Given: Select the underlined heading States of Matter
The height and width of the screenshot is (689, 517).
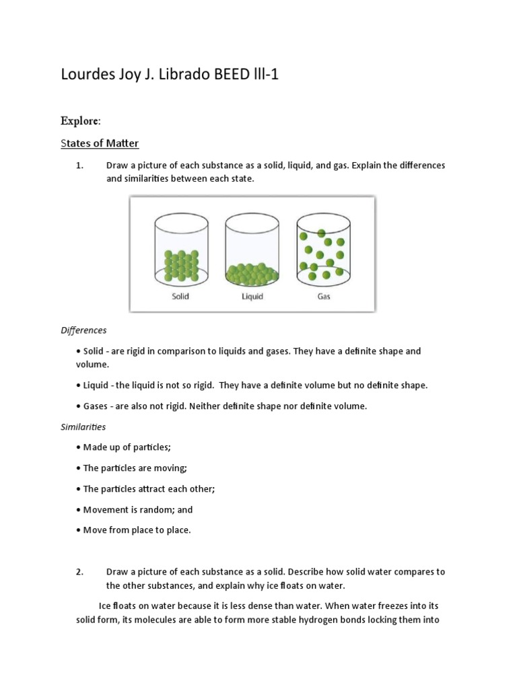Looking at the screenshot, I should [x=100, y=143].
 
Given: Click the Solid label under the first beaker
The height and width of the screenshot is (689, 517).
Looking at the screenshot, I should [x=180, y=295].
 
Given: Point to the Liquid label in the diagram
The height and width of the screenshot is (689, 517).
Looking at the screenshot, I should [x=252, y=295].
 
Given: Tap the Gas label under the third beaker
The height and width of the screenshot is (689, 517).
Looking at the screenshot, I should [x=324, y=295].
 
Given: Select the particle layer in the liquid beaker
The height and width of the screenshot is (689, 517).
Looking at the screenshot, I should [x=252, y=275].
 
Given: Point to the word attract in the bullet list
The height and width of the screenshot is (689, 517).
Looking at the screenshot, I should [x=151, y=489].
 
